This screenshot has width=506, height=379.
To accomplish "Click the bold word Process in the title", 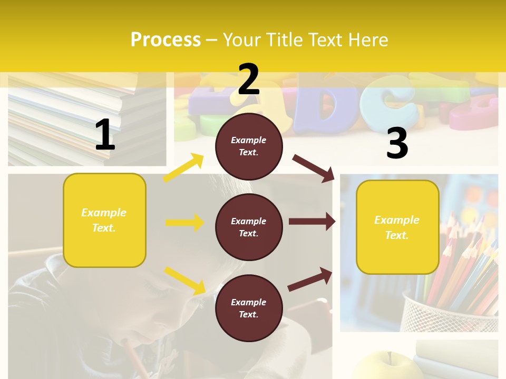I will (x=166, y=40).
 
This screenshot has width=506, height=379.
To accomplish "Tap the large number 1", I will (x=105, y=135).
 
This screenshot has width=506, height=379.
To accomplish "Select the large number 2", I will (x=248, y=79).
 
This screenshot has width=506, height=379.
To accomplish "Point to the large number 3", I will (x=397, y=144).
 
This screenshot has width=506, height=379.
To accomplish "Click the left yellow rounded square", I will (x=104, y=220).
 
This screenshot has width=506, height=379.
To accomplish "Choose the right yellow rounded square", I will (x=397, y=227).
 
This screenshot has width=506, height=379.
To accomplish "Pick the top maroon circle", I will (x=249, y=146).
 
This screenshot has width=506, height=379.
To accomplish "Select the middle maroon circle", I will (x=249, y=227).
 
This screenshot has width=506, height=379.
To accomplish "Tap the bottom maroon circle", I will (x=249, y=308).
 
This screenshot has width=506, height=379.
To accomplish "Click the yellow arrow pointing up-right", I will (x=183, y=168).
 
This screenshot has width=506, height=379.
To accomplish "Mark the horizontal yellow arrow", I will (x=184, y=223).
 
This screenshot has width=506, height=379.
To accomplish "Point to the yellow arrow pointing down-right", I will (x=184, y=281).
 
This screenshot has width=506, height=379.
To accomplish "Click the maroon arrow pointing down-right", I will (x=314, y=168).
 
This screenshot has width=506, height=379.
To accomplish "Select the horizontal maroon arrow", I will (x=312, y=222).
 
